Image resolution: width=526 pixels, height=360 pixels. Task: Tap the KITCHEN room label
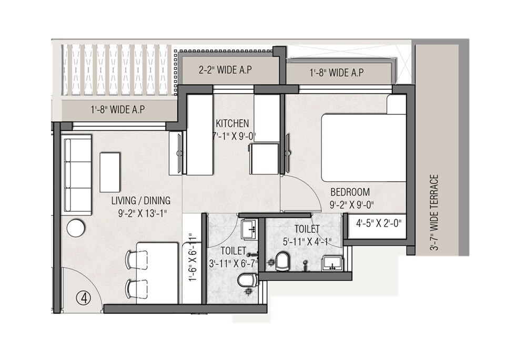click(232, 124)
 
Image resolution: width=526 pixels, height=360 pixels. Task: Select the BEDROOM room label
click(350, 192)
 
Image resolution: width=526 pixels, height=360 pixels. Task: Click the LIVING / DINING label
click(140, 201)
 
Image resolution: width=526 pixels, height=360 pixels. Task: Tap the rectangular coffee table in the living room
click(110, 172)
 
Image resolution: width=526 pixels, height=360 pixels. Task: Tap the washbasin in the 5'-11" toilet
click(332, 262)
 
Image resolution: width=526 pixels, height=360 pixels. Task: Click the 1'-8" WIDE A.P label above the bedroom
click(336, 73)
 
